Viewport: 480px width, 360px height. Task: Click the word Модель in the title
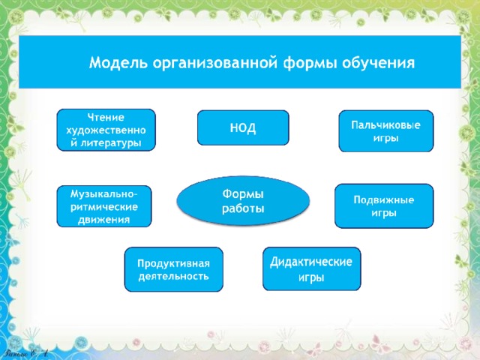[118, 63]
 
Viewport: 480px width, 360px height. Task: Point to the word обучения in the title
[378, 63]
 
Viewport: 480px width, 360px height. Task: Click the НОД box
[243, 127]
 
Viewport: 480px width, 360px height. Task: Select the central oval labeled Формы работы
[243, 201]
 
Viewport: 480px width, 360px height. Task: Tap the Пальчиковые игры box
[386, 131]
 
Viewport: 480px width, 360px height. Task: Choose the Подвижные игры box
[384, 205]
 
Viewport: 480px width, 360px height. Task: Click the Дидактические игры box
[312, 268]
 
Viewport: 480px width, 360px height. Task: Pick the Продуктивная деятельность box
[173, 269]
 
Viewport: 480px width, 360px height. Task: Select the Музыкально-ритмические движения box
[104, 206]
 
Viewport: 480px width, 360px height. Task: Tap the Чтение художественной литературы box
[106, 130]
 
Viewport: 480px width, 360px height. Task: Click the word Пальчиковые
[385, 125]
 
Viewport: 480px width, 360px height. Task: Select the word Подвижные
[384, 199]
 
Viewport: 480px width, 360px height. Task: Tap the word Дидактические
[311, 262]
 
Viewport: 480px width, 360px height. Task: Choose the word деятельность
[173, 277]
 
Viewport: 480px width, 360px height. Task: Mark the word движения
[103, 220]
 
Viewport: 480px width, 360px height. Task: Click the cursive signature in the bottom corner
[27, 353]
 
